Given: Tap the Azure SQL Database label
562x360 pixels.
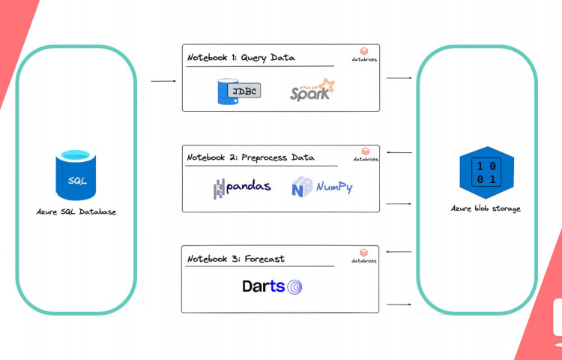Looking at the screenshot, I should tap(76, 212).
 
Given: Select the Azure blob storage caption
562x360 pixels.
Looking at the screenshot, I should tap(485, 208).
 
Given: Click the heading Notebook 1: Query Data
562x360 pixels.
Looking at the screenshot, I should tap(241, 57).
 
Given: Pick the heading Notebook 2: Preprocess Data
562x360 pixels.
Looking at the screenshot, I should tap(251, 157).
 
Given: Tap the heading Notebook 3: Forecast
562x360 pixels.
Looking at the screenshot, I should tap(236, 259).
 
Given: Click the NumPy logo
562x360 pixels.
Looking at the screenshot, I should tap(322, 187).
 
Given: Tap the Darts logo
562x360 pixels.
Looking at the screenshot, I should tap(272, 286).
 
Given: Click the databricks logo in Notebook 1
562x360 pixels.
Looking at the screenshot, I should tap(366, 54).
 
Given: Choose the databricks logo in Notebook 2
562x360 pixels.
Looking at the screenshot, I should tap(366, 154).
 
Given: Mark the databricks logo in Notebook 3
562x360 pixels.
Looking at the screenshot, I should tap(366, 256).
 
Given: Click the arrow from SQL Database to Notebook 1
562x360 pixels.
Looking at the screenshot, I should tap(163, 80).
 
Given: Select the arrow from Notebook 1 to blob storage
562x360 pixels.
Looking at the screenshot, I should tap(399, 78).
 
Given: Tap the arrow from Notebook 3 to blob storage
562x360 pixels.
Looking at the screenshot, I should tap(399, 304).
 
